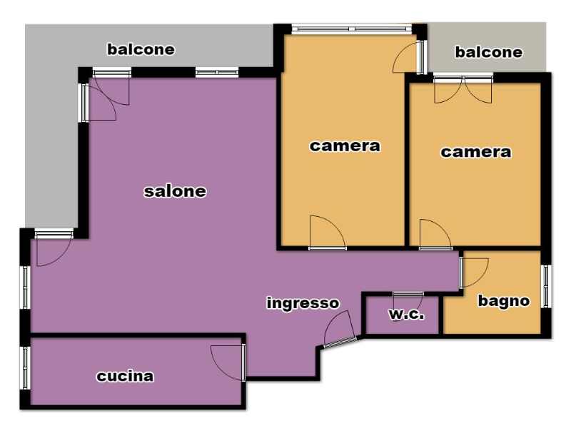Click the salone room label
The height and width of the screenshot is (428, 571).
coord(175,191)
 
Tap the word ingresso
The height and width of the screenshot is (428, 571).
coord(303,303)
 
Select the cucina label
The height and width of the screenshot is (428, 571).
coord(125,377)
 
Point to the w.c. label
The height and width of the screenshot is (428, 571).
coord(407,314)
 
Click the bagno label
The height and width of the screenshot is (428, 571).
coord(504,301)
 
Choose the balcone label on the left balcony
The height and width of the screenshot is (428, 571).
coord(141,49)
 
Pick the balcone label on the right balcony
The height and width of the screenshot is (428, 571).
coord(489,52)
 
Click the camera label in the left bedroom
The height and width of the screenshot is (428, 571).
coord(345,146)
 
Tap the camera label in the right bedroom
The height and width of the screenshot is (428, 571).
coord(476,152)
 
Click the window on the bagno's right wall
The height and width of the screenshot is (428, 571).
coord(545,287)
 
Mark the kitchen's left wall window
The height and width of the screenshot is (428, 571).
coord(25,367)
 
